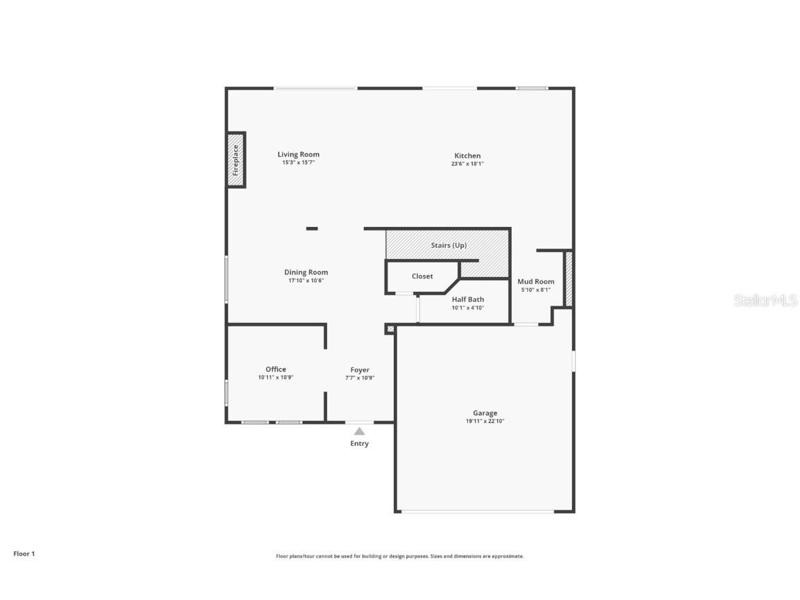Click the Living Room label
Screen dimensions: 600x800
pos(299,155)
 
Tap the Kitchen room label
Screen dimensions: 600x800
pos(467,156)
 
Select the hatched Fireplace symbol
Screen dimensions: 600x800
pos(236,160)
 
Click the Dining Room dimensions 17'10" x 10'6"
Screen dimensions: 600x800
pos(306,281)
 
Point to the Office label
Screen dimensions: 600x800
pos(276,369)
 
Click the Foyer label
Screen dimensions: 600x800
pos(360,370)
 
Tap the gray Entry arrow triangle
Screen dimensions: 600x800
pos(359,431)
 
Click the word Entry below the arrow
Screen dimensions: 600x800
pos(359,444)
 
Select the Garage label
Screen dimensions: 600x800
pos(485,413)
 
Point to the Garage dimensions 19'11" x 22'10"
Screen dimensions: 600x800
pos(485,422)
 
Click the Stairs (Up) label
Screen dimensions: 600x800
pos(449,246)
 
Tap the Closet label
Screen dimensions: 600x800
pos(422,276)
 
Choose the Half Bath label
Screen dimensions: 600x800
pos(468,299)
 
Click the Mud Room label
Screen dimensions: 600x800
pos(536,281)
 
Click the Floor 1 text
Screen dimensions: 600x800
pos(24,553)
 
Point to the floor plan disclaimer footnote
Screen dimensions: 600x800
pos(400,556)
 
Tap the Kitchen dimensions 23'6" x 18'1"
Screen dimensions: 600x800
pos(467,164)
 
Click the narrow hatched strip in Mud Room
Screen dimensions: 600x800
pos(568,278)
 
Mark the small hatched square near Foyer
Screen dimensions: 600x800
pos(390,329)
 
